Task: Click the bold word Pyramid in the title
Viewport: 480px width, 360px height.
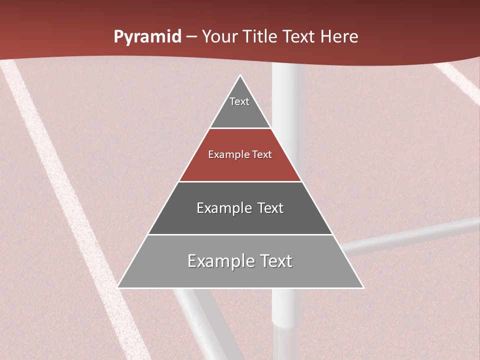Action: pos(147,37)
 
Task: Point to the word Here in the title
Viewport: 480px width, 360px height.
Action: pos(339,37)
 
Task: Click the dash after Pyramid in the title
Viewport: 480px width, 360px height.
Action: pos(191,37)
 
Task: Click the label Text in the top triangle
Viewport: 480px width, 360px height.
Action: pos(239,101)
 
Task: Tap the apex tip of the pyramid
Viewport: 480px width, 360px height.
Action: pos(240,76)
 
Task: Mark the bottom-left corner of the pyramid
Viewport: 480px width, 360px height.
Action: pos(118,287)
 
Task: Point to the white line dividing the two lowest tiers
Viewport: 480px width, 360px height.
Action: pos(240,234)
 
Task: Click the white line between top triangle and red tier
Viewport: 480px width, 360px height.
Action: pos(240,128)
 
